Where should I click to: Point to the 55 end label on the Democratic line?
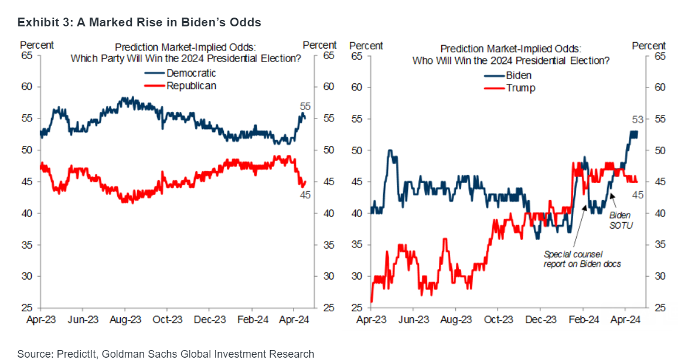point(305,106)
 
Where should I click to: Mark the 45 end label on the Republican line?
point(305,195)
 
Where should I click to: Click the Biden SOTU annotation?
point(621,220)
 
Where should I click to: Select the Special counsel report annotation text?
point(582,259)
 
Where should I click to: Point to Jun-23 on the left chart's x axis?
point(83,320)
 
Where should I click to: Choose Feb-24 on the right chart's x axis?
point(584,320)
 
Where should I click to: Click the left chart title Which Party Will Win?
point(186,58)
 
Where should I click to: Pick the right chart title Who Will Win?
point(510,60)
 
